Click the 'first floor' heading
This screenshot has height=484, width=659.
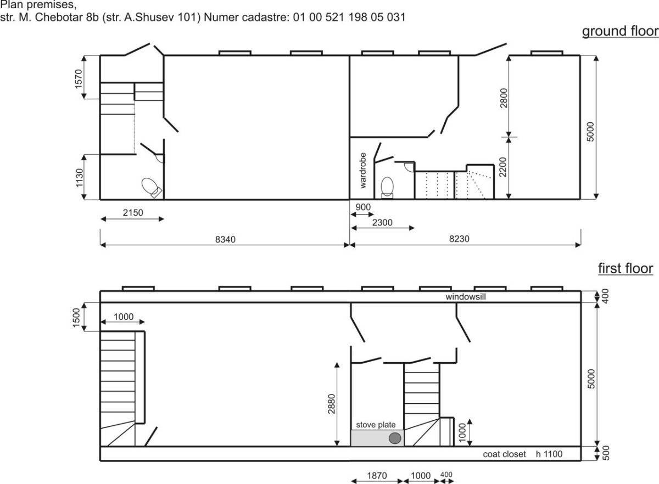pyautogui.click(x=626, y=268)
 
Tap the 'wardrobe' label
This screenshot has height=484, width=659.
pyautogui.click(x=363, y=171)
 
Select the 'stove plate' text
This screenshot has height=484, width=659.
pyautogui.click(x=376, y=425)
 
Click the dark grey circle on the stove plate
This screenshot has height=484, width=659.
pyautogui.click(x=395, y=438)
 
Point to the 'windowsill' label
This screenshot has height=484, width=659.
pyautogui.click(x=466, y=297)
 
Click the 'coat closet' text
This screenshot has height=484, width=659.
pyautogui.click(x=504, y=454)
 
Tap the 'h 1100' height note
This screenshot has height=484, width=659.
pyautogui.click(x=549, y=454)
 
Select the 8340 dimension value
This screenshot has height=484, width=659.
pyautogui.click(x=225, y=240)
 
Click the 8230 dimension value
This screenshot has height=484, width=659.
pyautogui.click(x=459, y=239)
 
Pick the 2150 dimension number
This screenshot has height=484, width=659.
pyautogui.click(x=133, y=212)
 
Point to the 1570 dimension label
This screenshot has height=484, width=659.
pyautogui.click(x=79, y=79)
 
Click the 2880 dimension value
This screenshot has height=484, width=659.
pyautogui.click(x=332, y=404)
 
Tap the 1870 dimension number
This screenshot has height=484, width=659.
pyautogui.click(x=377, y=475)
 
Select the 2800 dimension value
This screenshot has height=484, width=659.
pyautogui.click(x=504, y=98)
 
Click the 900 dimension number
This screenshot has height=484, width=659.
pyautogui.click(x=363, y=207)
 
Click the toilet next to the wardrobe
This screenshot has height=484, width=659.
pyautogui.click(x=387, y=187)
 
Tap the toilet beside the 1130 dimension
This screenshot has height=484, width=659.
pyautogui.click(x=151, y=188)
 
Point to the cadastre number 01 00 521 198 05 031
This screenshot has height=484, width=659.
pyautogui.click(x=349, y=18)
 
